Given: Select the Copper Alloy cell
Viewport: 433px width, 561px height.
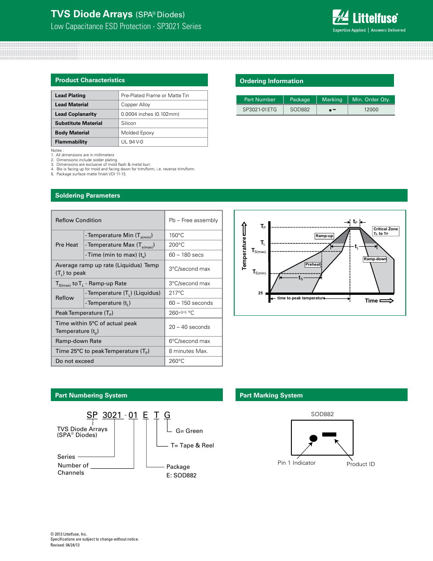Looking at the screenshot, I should (x=136, y=104).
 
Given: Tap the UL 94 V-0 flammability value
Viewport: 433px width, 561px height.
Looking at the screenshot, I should (x=132, y=142).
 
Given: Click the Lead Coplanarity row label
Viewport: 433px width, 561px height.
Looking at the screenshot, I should (x=76, y=114).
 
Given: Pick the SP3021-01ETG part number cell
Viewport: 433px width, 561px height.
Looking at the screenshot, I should (x=260, y=109).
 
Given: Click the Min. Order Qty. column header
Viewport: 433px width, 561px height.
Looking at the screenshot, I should (x=371, y=99).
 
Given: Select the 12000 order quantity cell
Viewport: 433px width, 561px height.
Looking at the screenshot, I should (x=371, y=109).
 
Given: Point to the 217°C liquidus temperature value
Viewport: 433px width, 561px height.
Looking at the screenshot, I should (x=177, y=293).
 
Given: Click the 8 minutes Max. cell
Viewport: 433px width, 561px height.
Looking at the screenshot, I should (x=188, y=351).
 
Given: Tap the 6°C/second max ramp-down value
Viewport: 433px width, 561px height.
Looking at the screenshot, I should (x=189, y=341).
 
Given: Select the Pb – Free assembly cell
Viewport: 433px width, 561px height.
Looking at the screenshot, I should (x=193, y=220).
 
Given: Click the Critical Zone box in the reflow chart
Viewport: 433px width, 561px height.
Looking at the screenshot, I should (x=385, y=231).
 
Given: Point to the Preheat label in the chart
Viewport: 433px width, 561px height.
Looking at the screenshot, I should (x=313, y=264).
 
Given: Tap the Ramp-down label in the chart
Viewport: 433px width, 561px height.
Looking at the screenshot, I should (x=375, y=259).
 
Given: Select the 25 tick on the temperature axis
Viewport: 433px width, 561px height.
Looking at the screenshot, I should (x=261, y=293).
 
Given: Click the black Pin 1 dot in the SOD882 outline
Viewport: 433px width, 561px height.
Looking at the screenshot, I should (x=313, y=438).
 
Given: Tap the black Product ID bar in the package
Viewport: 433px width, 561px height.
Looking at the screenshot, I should (x=329, y=435).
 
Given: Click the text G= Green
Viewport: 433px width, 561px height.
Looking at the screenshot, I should (x=189, y=431).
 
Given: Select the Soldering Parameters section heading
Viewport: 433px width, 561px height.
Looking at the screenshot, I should (x=88, y=195).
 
